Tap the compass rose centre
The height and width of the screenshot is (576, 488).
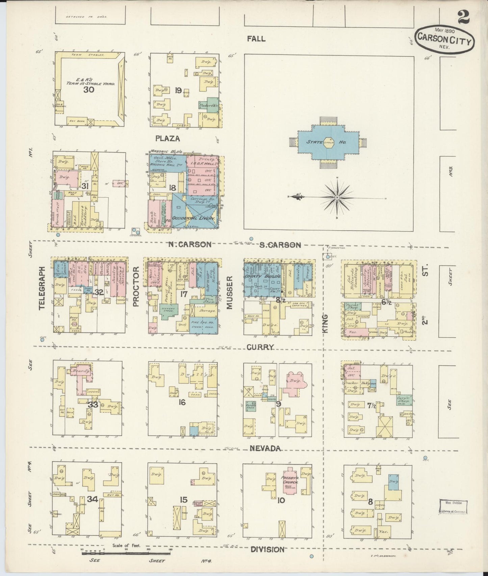click(337, 197)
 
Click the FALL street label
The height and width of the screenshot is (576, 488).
click(256, 39)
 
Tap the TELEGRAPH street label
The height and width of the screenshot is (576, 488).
click(42, 288)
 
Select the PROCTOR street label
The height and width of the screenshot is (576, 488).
click(136, 287)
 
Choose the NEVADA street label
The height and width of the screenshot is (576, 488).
click(266, 448)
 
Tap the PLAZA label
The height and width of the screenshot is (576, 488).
click(168, 138)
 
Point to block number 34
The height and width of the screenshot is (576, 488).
click(92, 499)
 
